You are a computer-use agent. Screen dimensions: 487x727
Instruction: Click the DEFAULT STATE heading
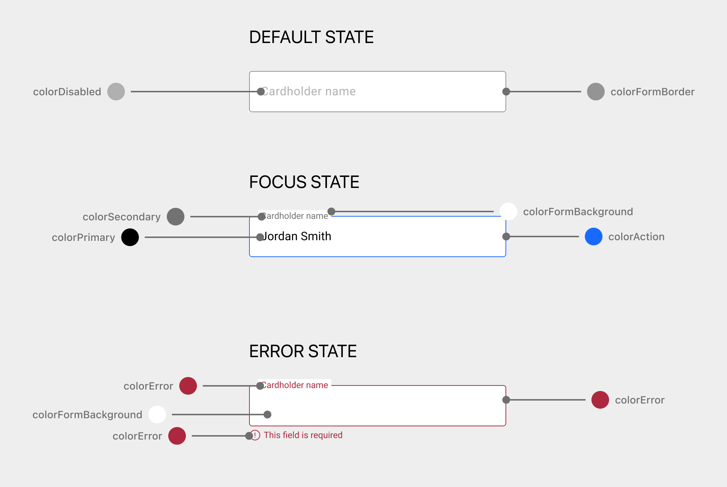(311, 38)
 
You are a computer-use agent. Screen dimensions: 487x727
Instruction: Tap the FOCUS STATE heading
(304, 182)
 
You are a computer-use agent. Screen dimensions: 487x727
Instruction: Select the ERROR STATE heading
(303, 352)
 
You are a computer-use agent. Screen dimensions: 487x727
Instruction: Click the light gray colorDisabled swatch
(116, 92)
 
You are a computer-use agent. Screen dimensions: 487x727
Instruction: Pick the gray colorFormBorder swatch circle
(595, 92)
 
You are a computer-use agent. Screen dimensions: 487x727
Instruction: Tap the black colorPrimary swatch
(130, 237)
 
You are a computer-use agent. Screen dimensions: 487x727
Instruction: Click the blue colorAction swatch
(593, 237)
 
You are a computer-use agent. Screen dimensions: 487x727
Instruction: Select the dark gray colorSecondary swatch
(176, 217)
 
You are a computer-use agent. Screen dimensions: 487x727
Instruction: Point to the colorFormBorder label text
(652, 92)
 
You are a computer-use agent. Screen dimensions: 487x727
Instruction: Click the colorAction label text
(636, 237)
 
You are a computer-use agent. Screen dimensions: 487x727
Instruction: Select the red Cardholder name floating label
(295, 385)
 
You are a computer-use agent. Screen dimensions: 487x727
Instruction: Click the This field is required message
(303, 435)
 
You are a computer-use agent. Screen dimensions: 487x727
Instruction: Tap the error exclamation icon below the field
(255, 435)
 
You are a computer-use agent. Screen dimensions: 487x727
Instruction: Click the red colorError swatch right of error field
(600, 400)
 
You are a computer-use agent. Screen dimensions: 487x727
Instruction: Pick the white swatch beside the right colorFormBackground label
(508, 211)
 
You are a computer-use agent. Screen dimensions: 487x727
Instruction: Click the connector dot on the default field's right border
(506, 92)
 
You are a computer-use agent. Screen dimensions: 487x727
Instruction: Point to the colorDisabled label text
(67, 92)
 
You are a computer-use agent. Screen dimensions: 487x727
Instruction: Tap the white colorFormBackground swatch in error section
(157, 415)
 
